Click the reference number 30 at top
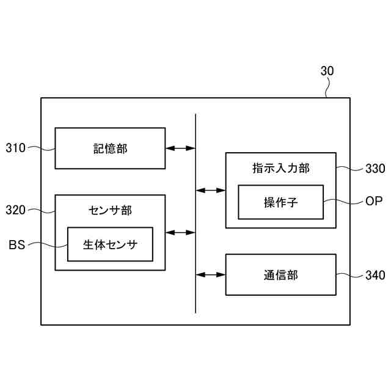327,71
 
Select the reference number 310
15,148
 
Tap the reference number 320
15,210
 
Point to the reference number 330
375,169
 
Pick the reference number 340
375,276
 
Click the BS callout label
16,245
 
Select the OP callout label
374,201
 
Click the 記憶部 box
110,148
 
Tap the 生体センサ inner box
110,244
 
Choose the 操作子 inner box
280,202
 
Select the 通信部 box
280,275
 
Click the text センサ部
110,210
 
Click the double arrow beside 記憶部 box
180,148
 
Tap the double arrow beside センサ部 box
180,233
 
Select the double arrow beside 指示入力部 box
211,191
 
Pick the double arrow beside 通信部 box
211,275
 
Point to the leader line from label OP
343,200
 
